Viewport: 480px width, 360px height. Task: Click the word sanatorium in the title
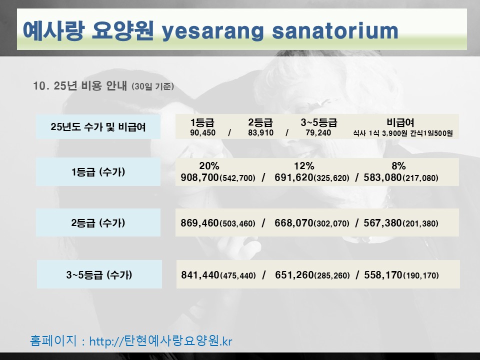tap(335, 30)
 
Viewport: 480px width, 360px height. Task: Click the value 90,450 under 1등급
tap(202, 133)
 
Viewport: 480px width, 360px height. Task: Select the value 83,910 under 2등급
tap(261, 133)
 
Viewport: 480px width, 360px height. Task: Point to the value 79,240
tap(318, 133)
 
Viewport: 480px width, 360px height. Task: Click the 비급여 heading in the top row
tap(400, 122)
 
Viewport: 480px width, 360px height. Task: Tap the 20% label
tap(209, 166)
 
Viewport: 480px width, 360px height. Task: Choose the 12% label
tap(304, 166)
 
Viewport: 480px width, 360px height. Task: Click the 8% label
tap(398, 166)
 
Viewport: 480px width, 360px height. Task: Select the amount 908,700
tap(199, 177)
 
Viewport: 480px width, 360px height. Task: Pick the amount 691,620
tap(294, 177)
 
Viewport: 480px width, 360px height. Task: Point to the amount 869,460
tap(199, 223)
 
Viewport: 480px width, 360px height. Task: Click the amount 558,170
tap(383, 275)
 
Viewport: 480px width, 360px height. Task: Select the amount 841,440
tap(200, 275)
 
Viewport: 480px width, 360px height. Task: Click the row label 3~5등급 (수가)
tap(99, 274)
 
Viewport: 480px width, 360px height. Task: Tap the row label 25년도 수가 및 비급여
tap(98, 126)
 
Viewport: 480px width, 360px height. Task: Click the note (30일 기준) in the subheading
tap(153, 86)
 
